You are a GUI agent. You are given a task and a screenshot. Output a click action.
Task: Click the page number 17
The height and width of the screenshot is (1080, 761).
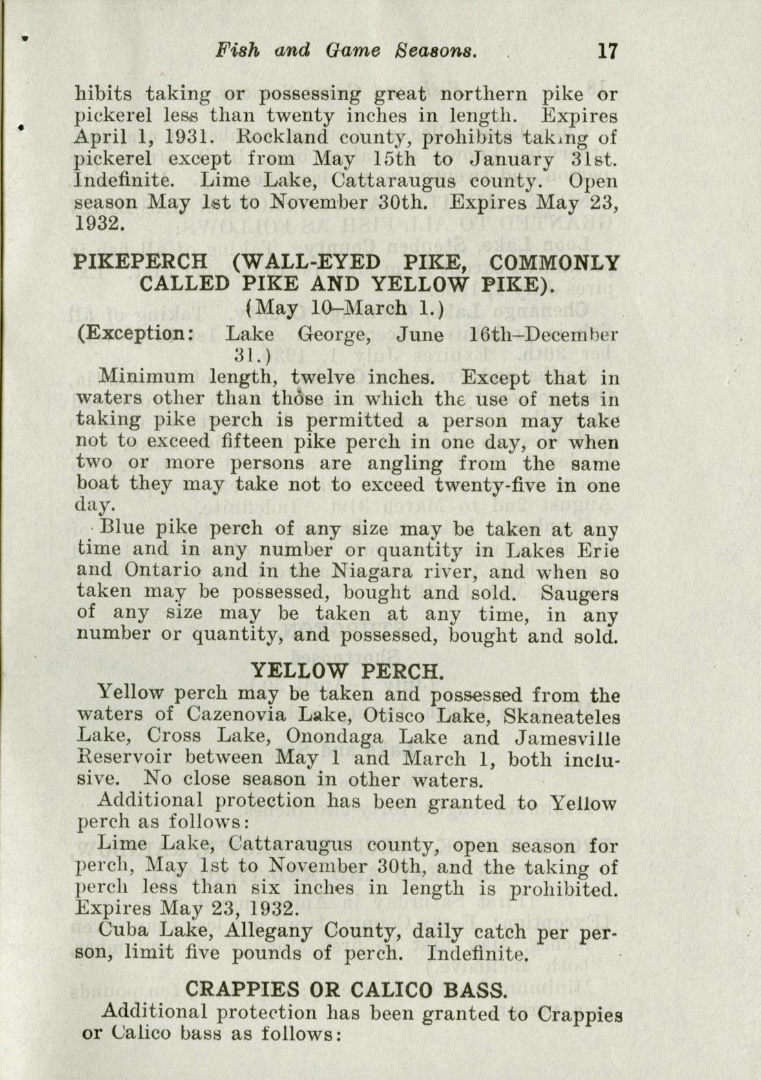click(x=607, y=50)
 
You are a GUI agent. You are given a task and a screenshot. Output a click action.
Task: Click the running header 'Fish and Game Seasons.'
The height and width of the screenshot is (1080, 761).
click(x=348, y=50)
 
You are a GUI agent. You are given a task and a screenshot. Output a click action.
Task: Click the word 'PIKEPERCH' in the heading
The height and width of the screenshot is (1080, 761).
click(x=141, y=262)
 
